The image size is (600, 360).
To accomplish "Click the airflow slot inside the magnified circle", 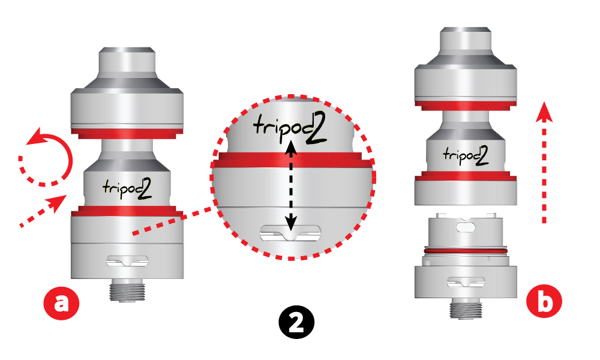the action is click(x=290, y=233).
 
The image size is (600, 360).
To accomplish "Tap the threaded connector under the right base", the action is click(x=466, y=308).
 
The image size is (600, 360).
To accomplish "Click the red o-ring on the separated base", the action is click(x=466, y=250).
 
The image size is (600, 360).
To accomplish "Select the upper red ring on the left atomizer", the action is click(x=127, y=134).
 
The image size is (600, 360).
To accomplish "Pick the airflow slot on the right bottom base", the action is click(x=466, y=281).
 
